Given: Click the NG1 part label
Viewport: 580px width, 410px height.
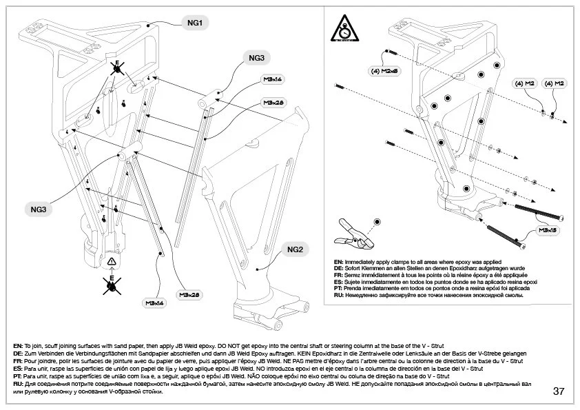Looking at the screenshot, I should click(195, 23).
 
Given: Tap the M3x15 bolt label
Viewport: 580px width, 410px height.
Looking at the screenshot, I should click(546, 229).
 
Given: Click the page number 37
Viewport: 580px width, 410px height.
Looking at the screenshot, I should click(559, 391).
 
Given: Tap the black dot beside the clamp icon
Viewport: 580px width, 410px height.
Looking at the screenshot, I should click(377, 221).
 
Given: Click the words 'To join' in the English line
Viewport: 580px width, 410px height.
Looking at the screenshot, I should click(34, 345).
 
